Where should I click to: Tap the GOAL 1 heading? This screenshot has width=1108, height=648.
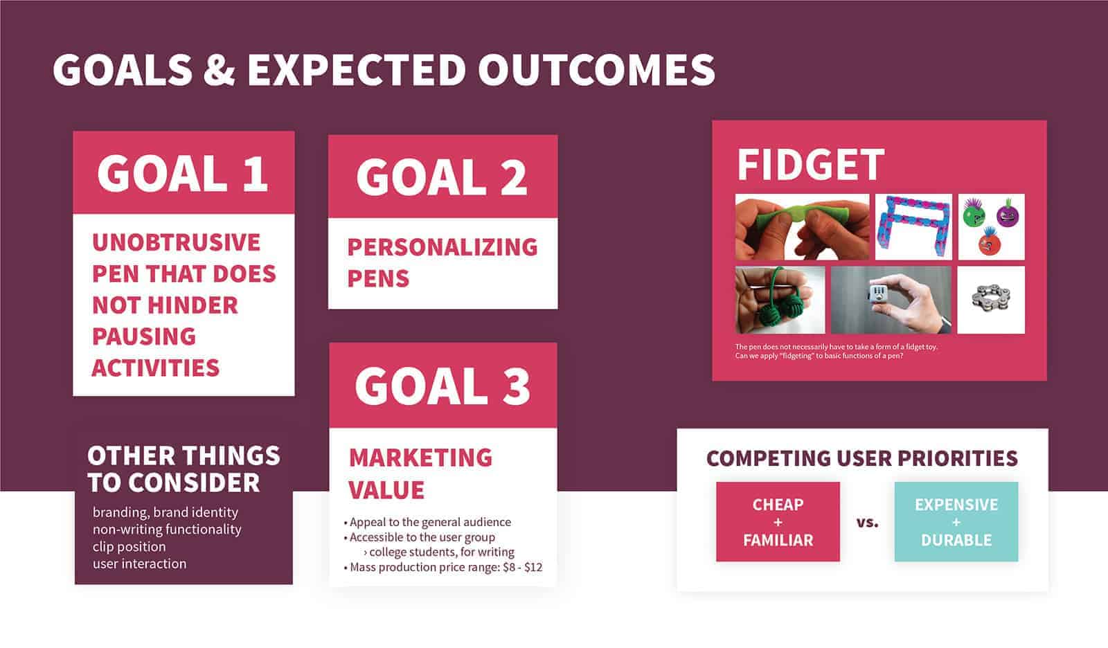click(183, 173)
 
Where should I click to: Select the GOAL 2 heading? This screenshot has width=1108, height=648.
click(441, 177)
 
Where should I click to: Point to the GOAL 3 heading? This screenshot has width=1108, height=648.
click(443, 386)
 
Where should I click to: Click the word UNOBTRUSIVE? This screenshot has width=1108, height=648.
click(176, 242)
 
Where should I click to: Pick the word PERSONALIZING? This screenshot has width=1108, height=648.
click(443, 247)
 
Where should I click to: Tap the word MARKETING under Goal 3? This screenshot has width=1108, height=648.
click(420, 458)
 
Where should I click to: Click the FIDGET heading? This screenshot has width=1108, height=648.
click(810, 165)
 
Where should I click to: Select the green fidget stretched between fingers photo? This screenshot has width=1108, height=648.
click(802, 227)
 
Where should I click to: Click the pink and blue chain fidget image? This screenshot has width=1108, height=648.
click(913, 227)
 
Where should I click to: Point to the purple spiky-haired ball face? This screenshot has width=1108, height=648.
click(1008, 213)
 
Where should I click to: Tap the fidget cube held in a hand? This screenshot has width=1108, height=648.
click(891, 300)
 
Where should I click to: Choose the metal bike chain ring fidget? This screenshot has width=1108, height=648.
click(991, 299)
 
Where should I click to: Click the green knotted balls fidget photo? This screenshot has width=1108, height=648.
click(780, 300)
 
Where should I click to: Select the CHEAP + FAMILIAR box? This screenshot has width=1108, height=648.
click(778, 522)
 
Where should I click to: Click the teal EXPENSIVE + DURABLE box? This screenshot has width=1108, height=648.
click(956, 522)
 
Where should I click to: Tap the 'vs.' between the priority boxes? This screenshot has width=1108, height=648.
click(867, 523)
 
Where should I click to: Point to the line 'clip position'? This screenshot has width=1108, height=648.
click(129, 547)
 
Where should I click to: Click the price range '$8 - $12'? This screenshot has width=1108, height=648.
click(522, 567)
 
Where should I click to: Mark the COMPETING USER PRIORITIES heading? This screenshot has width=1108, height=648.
click(862, 458)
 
